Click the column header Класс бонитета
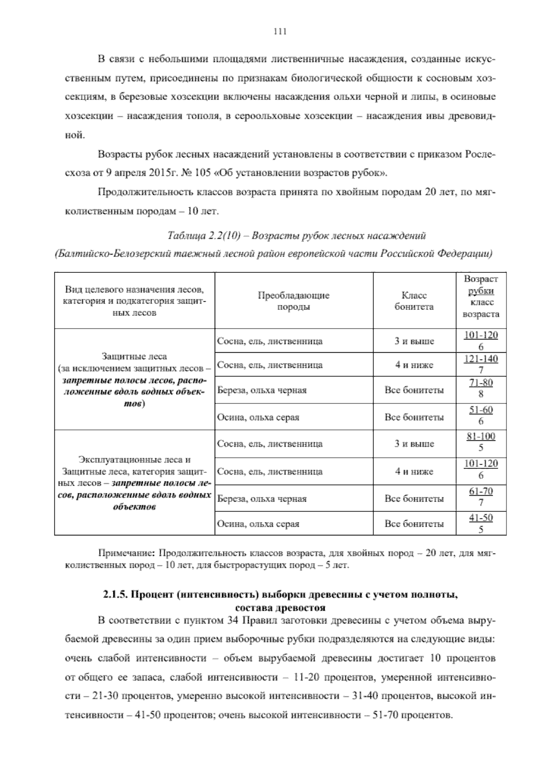(x=414, y=301)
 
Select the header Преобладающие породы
(x=294, y=301)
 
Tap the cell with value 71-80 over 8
(x=481, y=388)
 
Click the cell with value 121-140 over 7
(x=481, y=364)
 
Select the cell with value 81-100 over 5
(x=481, y=442)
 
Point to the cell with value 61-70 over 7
(x=481, y=497)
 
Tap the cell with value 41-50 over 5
(x=481, y=523)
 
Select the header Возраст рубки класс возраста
(x=481, y=297)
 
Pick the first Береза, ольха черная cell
(x=262, y=390)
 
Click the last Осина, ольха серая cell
(x=258, y=524)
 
